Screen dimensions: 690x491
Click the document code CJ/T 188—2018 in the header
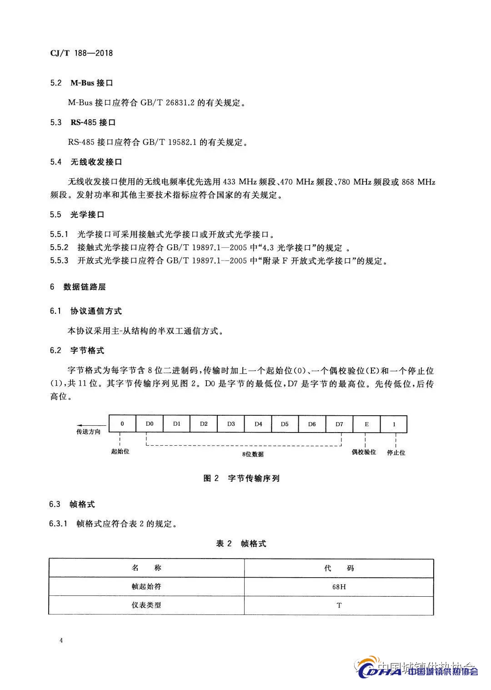[81, 53]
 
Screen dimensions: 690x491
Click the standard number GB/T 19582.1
[170, 142]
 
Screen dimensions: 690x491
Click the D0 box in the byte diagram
[150, 424]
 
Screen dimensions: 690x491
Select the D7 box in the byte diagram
[339, 424]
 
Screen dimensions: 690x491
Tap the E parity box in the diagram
[366, 424]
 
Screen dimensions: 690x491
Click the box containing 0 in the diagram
[122, 424]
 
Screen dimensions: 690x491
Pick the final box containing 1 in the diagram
[394, 424]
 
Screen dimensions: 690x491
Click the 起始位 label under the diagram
[120, 452]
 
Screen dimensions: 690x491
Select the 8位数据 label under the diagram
[253, 454]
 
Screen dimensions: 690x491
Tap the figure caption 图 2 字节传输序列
[241, 478]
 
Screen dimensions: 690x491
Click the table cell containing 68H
[339, 587]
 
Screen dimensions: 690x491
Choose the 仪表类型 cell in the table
[146, 605]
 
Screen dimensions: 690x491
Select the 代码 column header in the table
[339, 568]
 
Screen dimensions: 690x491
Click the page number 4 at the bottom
[60, 641]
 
